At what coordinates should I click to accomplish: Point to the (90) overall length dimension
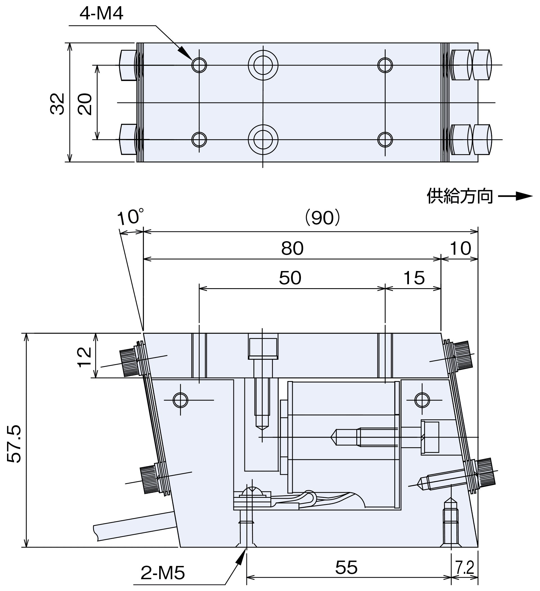(x=322, y=217)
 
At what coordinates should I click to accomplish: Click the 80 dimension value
(x=292, y=248)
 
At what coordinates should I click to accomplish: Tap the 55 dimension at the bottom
(x=346, y=567)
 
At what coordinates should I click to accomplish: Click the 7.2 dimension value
(x=465, y=568)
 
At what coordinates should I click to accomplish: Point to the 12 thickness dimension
(x=84, y=357)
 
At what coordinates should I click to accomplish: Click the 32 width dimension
(x=57, y=104)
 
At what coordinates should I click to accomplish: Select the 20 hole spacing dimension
(x=85, y=104)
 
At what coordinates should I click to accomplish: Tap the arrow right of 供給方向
(x=515, y=196)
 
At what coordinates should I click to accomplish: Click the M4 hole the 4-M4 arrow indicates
(x=199, y=65)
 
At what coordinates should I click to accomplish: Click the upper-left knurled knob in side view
(x=129, y=363)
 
